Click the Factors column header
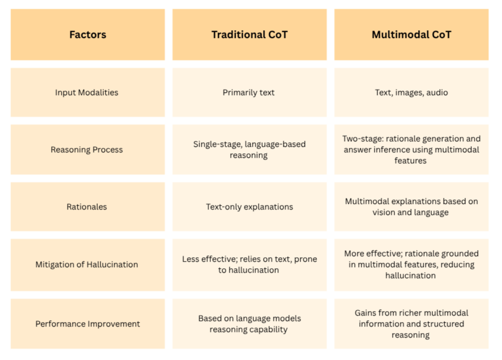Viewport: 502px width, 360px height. click(88, 35)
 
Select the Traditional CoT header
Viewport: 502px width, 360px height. click(249, 35)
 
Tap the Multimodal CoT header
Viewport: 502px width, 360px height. click(411, 35)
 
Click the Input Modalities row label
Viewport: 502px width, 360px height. click(87, 92)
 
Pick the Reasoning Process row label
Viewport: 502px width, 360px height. click(87, 149)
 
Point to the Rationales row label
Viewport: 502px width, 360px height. click(87, 207)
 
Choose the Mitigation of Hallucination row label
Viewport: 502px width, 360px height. click(87, 264)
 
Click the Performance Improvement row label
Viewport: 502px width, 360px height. click(88, 324)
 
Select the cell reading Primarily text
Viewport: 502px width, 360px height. click(248, 92)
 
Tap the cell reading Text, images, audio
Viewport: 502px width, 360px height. click(411, 92)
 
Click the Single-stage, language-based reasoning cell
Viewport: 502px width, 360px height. click(249, 149)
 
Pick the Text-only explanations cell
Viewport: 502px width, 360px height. click(249, 207)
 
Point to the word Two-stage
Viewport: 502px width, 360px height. click(362, 139)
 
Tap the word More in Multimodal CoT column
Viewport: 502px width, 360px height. click(354, 254)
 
